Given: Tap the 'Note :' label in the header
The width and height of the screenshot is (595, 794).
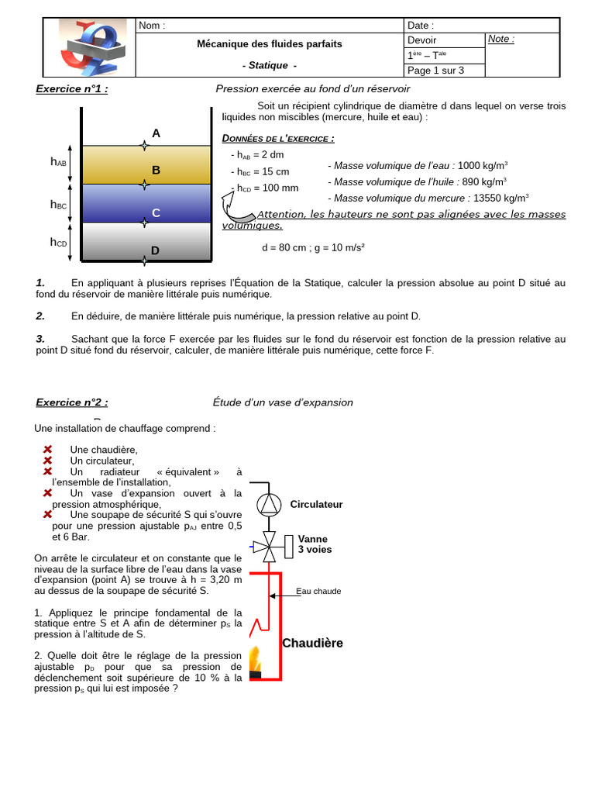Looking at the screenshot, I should (x=501, y=39).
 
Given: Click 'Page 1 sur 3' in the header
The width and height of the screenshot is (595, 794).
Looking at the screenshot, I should (x=435, y=71).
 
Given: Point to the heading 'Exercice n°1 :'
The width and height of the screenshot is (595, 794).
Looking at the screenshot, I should (x=72, y=89).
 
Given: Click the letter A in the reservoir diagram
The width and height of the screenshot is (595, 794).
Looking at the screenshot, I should (x=156, y=133).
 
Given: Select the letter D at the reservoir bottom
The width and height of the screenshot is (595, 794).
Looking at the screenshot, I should (x=155, y=250).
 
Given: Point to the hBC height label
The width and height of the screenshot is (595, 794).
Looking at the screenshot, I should (x=58, y=205).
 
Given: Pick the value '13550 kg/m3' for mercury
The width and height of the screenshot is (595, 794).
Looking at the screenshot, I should (x=500, y=198).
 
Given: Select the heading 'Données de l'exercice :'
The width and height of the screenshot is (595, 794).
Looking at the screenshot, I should (x=278, y=139).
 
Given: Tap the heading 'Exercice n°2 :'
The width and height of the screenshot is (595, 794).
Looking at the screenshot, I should (x=72, y=402).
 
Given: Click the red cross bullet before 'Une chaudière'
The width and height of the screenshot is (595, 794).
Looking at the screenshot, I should (x=47, y=450).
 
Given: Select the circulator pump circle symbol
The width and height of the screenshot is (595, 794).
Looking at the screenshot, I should (x=270, y=504).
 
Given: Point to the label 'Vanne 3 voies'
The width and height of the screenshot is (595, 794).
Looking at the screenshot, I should (x=314, y=544).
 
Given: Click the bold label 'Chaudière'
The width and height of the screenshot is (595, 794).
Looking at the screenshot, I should (x=312, y=643).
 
